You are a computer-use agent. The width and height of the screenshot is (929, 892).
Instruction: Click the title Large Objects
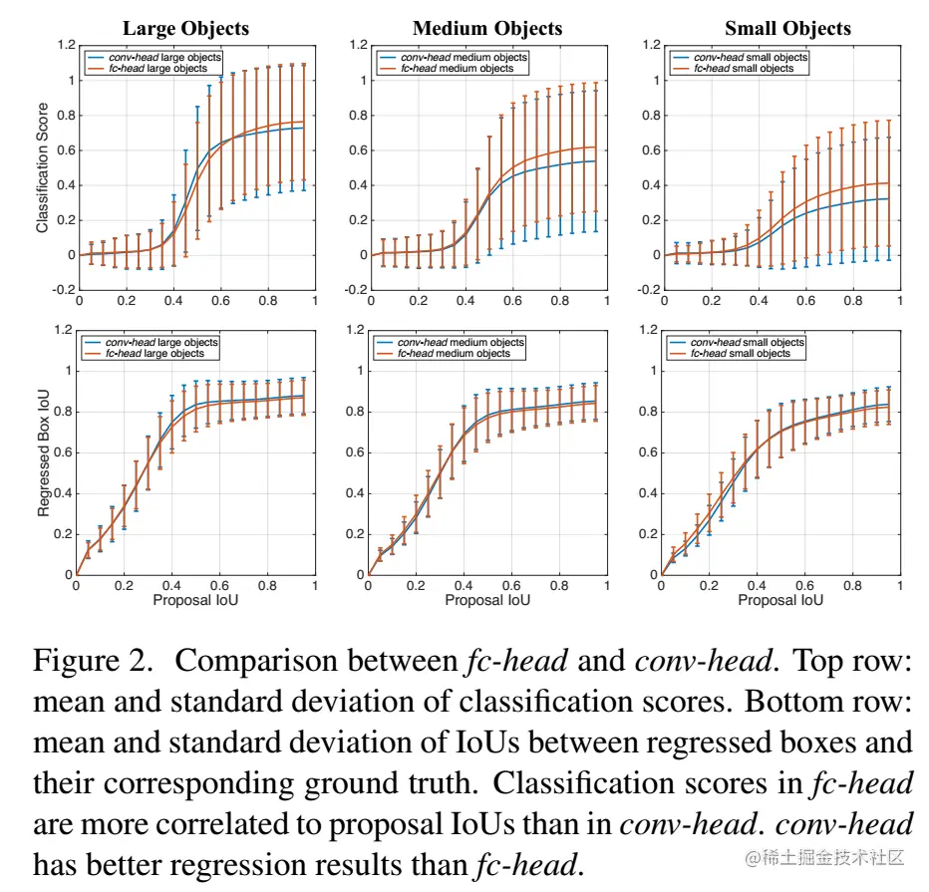pos(185,28)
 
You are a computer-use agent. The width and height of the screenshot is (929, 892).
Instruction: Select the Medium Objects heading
pos(487,28)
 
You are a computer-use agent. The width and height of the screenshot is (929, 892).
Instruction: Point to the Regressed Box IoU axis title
pos(42,452)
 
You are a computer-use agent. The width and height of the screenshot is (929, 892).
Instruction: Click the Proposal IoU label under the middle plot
pos(487,600)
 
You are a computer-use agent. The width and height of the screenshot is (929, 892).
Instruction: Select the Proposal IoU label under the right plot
pos(780,600)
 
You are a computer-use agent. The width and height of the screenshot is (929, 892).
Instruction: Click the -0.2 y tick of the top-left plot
pos(62,290)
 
